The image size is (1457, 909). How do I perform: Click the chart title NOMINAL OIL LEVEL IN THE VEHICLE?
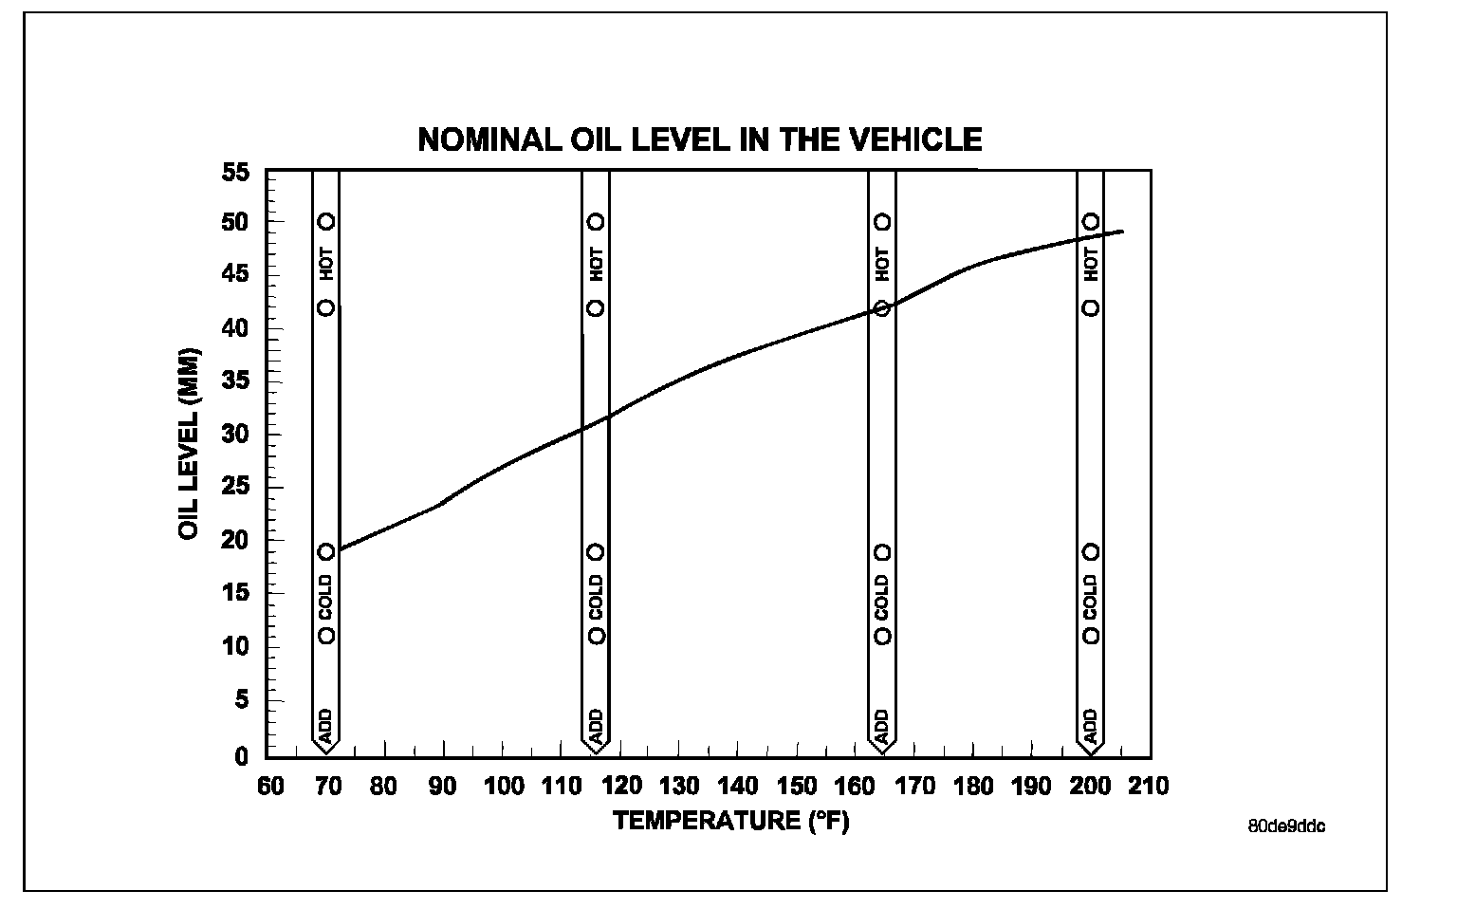pos(699,140)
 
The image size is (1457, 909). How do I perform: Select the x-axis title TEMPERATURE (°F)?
pos(731,820)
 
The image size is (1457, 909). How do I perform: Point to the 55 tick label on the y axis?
pos(235,173)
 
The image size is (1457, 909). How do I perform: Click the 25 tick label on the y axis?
pos(235,488)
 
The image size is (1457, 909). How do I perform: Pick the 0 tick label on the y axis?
pos(243,756)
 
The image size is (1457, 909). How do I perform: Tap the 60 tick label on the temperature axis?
pos(270,787)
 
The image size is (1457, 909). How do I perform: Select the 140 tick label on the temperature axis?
pos(737,787)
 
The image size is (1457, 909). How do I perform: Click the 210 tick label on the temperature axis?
pos(1150,787)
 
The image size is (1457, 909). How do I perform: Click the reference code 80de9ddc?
pos(1286,826)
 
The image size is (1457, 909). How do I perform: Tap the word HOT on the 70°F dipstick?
pos(326,265)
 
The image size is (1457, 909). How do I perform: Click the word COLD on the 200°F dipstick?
pos(1091,594)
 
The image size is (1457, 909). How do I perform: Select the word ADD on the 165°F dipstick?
pos(882,727)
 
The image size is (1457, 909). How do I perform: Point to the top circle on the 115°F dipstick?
pos(596,222)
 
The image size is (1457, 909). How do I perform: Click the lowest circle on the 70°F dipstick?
pos(326,636)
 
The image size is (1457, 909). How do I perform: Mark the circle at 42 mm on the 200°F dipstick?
pos(1091,308)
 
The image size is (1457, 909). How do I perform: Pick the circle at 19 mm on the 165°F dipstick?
pos(882,552)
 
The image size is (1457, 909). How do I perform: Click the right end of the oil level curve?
pos(1122,232)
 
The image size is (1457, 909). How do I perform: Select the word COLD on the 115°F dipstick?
pos(596,594)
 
